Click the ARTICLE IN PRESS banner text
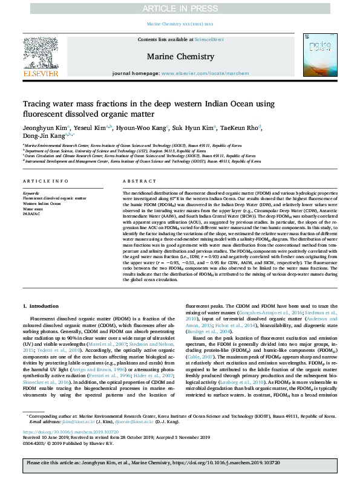pyautogui.click(x=180, y=8)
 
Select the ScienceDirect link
pyautogui.click(x=209, y=39)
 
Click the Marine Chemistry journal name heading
pyautogui.click(x=180, y=57)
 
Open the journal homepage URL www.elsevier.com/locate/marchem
pyautogui.click(x=220, y=73)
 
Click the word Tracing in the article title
pyautogui.click(x=36, y=104)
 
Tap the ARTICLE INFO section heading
pyautogui.click(x=45, y=181)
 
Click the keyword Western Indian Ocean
pyautogui.click(x=41, y=203)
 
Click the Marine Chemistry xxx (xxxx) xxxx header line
pyautogui.click(x=180, y=24)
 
